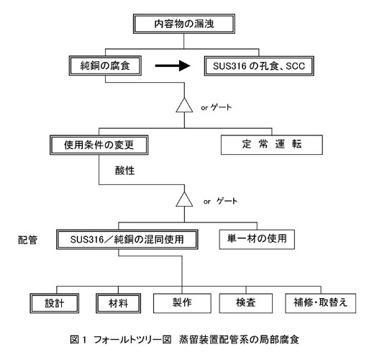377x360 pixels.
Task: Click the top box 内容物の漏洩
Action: pos(184,24)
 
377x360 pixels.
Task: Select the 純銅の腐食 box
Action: pos(105,66)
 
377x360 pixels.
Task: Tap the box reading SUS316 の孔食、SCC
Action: pos(259,66)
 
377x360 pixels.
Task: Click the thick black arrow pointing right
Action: pos(173,66)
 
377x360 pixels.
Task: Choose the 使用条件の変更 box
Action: pos(99,145)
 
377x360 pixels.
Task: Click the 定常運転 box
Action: pos(272,145)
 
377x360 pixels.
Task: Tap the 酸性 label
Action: pos(124,171)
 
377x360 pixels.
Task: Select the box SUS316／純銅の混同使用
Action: pos(127,240)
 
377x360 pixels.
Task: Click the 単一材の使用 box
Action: pos(257,239)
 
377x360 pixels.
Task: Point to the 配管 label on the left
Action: pos(27,240)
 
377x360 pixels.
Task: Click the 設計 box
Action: pos(55,303)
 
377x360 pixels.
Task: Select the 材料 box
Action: pos(118,303)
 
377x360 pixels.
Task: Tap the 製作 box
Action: pos(182,303)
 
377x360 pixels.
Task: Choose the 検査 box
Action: pos(246,303)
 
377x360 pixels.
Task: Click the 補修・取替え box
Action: pos(320,303)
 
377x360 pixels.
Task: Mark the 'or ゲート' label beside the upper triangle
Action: pos(216,107)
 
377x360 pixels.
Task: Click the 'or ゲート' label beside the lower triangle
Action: pos(220,201)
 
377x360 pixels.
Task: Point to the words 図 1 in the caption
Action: pos(78,340)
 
